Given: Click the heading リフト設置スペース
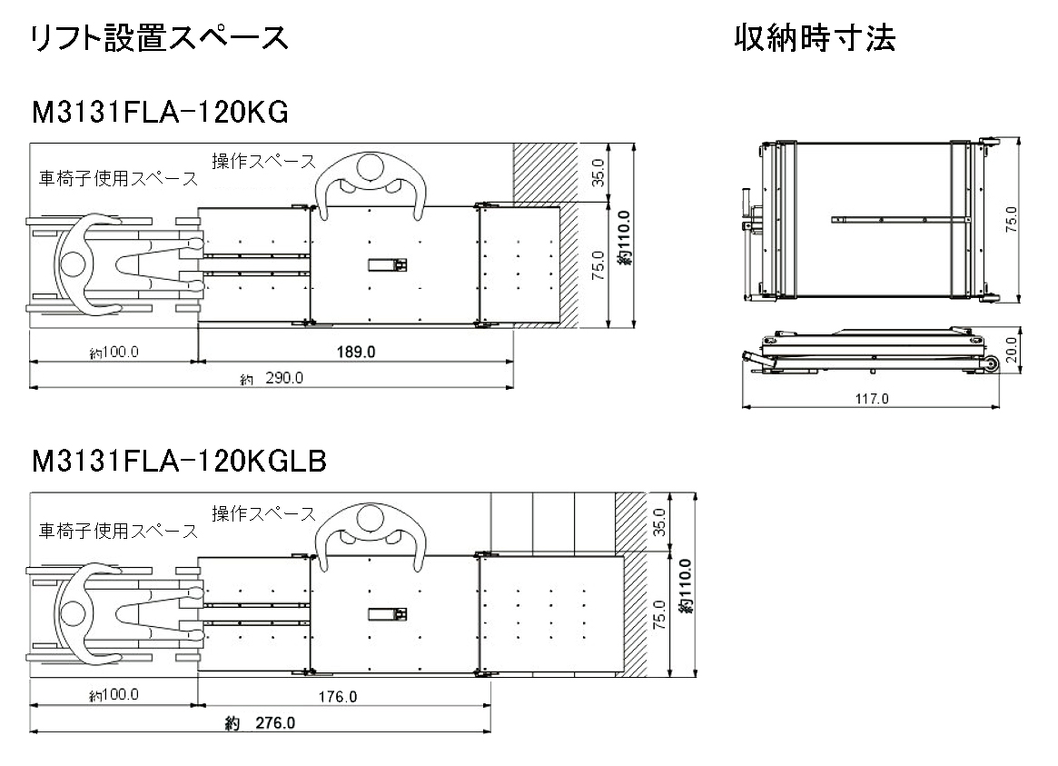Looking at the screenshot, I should [x=160, y=38].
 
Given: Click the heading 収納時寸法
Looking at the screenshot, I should [x=814, y=38].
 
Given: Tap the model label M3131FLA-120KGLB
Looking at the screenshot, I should [x=178, y=462].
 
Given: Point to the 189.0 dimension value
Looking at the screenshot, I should [x=354, y=352].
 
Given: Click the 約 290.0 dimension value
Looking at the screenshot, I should [x=272, y=379].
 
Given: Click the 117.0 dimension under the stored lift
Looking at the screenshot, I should [x=872, y=398].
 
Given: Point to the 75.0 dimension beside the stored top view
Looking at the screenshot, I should [x=1011, y=219].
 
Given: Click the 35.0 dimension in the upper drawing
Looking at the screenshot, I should [x=598, y=172].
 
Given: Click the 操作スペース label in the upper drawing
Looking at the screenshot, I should [x=263, y=162].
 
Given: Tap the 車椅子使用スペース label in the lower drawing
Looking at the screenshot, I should [x=117, y=530].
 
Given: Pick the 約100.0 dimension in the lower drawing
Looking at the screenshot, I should [x=114, y=696].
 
